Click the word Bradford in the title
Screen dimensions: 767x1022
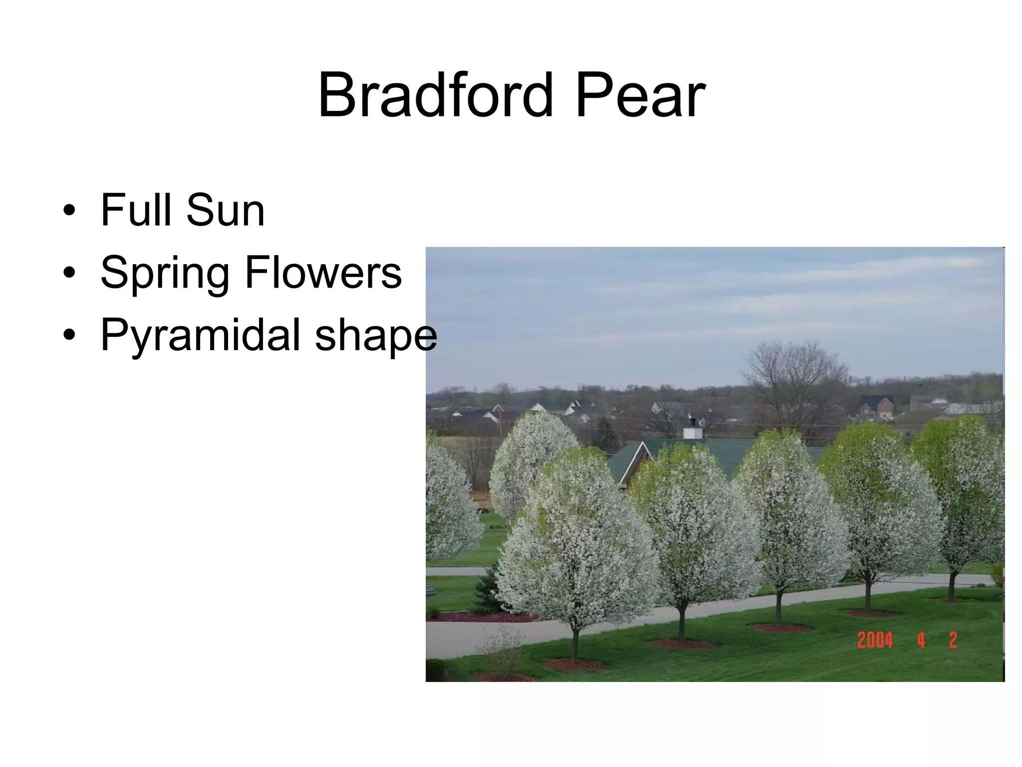(x=436, y=95)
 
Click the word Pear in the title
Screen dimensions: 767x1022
(x=640, y=95)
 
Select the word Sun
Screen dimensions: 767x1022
(x=225, y=211)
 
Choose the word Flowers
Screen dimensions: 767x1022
(x=323, y=273)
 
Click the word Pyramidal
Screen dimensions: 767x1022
(x=200, y=337)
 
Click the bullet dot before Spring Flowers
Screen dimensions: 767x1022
(x=69, y=273)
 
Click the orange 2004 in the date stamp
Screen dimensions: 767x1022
(x=875, y=640)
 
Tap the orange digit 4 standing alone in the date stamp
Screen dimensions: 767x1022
(x=921, y=640)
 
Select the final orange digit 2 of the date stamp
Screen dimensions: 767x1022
(x=953, y=640)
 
